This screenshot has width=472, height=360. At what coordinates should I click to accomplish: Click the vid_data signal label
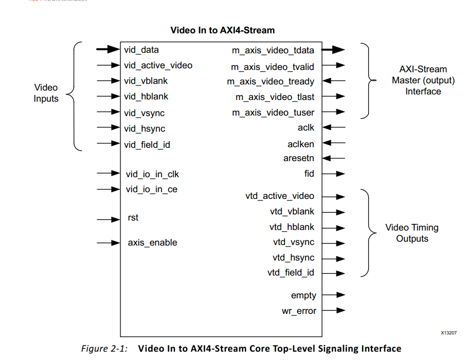click(x=142, y=50)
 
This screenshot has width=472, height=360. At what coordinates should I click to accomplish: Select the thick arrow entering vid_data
click(x=108, y=50)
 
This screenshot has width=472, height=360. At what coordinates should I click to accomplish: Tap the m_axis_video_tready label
click(x=270, y=82)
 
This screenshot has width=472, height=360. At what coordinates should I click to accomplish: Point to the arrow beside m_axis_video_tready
click(x=334, y=81)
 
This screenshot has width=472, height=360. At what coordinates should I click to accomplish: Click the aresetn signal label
click(x=299, y=158)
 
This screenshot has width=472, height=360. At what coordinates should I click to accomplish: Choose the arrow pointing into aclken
click(x=334, y=143)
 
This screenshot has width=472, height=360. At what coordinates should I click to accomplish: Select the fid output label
click(x=309, y=173)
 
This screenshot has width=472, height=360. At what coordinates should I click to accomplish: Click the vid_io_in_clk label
click(x=152, y=174)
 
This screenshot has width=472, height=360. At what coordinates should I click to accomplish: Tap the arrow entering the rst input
click(x=108, y=219)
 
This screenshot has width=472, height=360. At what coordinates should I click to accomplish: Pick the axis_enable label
click(x=153, y=242)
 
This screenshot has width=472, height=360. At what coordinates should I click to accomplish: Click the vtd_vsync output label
click(x=293, y=242)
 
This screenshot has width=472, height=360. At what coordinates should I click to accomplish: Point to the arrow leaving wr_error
click(x=334, y=311)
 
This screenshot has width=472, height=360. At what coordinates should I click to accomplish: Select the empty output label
click(x=303, y=296)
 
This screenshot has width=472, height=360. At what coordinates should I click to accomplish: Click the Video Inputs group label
click(x=46, y=93)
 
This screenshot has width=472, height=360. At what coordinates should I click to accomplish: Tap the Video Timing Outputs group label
click(x=412, y=233)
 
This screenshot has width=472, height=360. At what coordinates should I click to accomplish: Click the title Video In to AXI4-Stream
click(x=222, y=30)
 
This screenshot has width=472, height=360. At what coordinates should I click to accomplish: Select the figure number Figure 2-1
click(x=104, y=349)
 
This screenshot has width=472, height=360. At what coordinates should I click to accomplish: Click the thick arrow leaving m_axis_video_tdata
click(x=334, y=50)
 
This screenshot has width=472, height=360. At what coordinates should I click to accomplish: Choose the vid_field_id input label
click(x=147, y=144)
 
